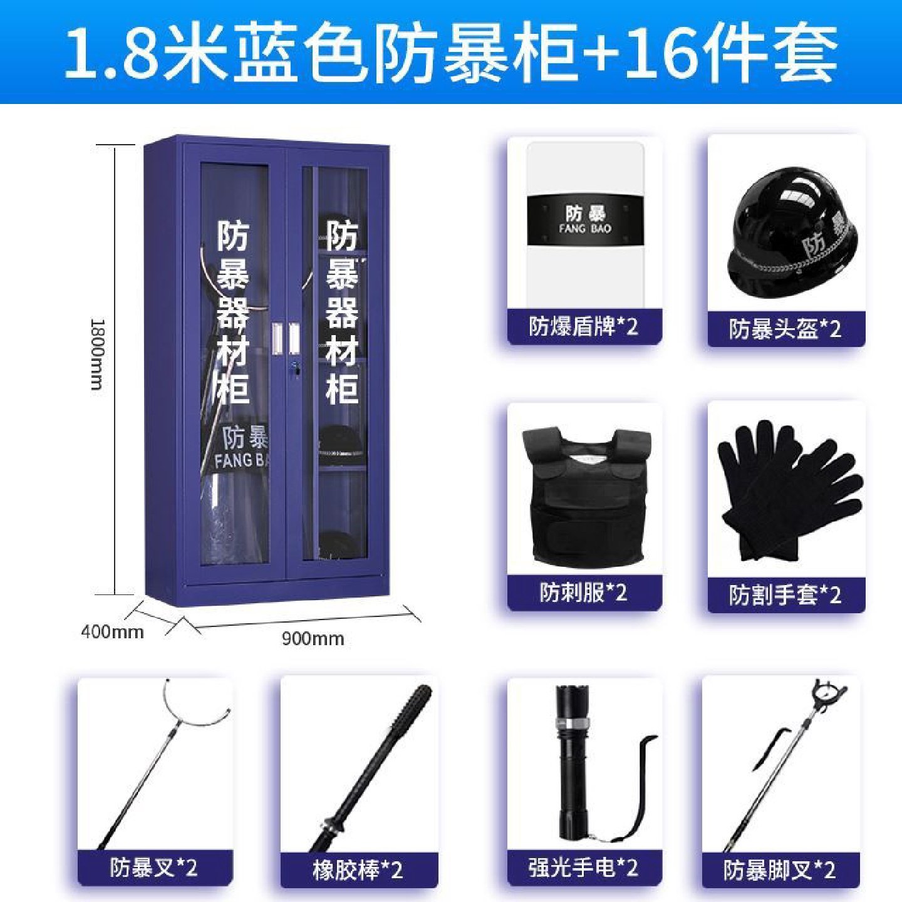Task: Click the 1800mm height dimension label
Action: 98,355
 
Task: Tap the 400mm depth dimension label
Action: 112,631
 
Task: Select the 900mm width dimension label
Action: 313,639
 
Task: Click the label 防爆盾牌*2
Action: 583,326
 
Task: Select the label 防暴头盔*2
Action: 785,329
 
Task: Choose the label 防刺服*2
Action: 583,593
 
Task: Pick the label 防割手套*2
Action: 785,594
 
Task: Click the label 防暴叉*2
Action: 154,868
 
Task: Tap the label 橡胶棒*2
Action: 358,869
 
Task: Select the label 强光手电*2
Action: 583,868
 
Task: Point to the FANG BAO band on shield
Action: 585,220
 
